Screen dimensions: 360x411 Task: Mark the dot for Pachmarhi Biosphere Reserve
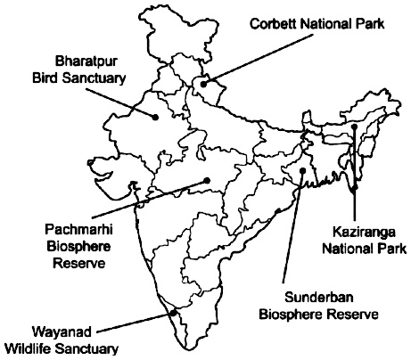click(207, 180)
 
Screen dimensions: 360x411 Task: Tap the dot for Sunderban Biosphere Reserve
click(303, 169)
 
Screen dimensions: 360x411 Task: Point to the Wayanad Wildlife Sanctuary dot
click(170, 311)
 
